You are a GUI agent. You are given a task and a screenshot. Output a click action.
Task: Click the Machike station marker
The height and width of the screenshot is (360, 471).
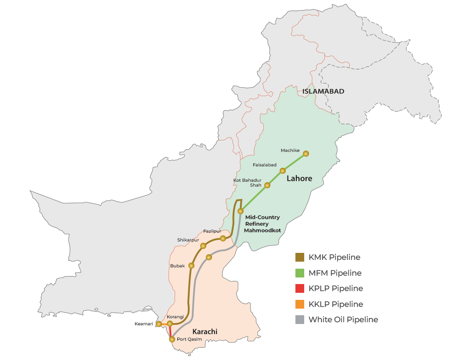306,154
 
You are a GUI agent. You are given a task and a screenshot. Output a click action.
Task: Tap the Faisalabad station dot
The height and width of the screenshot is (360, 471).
283,170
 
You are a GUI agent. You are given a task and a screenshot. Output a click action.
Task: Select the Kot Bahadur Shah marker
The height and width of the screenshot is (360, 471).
267,185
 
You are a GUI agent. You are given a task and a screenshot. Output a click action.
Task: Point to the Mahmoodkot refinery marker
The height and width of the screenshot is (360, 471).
240,211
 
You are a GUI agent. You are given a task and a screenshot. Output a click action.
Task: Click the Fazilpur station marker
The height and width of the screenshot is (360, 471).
223,238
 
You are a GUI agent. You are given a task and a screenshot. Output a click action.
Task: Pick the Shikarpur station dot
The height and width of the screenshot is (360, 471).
203,246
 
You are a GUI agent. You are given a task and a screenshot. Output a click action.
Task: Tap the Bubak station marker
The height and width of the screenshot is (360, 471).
191,266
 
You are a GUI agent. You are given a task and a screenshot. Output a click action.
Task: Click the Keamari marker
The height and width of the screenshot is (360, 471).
159,324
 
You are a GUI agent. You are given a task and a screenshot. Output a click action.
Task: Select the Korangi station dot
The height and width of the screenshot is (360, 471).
170,324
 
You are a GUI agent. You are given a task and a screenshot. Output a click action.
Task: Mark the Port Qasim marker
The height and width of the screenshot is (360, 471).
172,339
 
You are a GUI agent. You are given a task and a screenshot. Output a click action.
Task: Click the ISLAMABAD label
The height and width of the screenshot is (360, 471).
323,91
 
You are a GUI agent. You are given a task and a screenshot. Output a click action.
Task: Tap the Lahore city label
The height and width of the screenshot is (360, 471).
299,179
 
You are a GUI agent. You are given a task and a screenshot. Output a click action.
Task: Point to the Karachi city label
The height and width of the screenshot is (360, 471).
205,332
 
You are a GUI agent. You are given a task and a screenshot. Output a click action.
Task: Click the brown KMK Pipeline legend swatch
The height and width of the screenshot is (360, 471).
300,257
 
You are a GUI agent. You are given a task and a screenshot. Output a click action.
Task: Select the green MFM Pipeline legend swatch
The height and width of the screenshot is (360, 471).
300,273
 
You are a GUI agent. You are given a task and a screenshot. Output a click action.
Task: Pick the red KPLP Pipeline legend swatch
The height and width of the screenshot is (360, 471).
300,288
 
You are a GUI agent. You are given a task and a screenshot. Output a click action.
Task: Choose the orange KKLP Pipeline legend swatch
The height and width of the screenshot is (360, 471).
300,304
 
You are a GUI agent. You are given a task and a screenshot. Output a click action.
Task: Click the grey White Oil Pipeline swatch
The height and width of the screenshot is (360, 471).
300,320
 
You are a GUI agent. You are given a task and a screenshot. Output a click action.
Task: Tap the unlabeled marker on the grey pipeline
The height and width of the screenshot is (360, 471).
209,257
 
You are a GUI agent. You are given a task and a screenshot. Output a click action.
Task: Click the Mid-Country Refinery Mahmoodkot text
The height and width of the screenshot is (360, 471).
262,224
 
